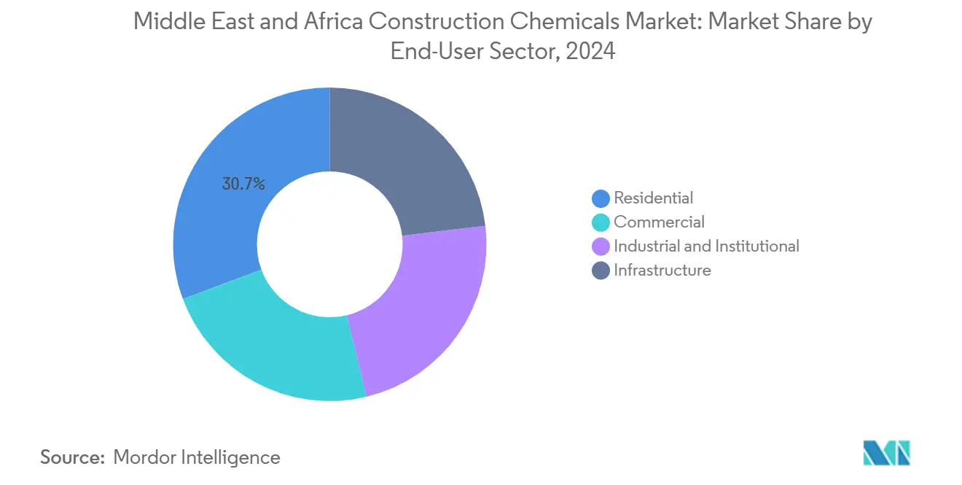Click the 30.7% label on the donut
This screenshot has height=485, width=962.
pos(243,185)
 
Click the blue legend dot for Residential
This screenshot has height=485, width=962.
pos(601,198)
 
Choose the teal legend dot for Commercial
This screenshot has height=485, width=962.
pos(601,222)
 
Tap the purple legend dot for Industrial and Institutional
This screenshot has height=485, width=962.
pos(601,247)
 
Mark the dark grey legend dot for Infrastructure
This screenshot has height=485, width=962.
pos(601,271)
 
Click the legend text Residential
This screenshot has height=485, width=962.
pos(653,198)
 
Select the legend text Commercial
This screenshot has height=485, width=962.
pos(659,222)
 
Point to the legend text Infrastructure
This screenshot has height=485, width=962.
pos(662,271)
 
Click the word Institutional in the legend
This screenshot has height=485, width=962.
pos(755,247)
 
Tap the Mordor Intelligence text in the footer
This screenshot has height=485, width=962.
pos(197,457)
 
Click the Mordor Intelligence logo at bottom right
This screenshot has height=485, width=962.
pos(886,453)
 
